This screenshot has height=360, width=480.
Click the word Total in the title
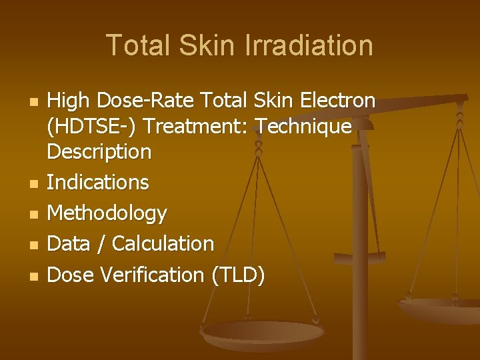[x=136, y=45]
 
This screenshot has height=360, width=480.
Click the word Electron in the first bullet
[x=339, y=101]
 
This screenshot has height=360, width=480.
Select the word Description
[x=99, y=152]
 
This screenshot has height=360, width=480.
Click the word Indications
[x=98, y=182]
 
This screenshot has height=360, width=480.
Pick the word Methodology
[x=107, y=213]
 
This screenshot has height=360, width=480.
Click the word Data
[x=69, y=244]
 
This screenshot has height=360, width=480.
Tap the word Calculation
[x=163, y=244]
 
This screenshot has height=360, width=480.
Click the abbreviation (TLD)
[x=237, y=275]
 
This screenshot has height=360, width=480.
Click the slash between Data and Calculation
[x=101, y=244]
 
